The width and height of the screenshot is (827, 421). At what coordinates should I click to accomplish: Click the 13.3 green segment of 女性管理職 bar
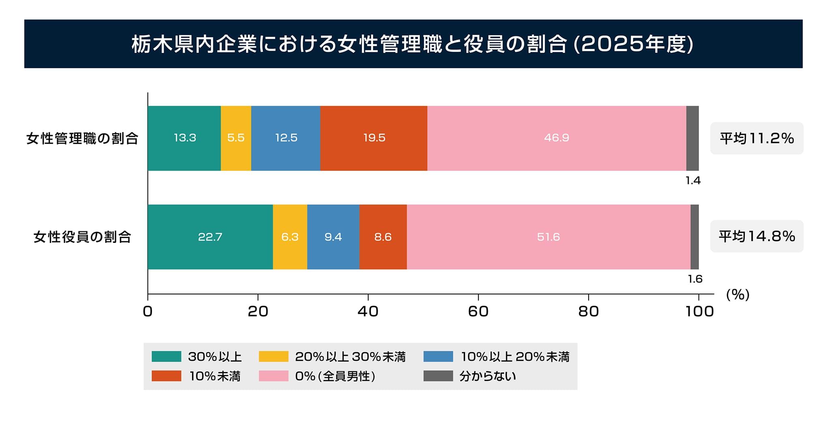[184, 138]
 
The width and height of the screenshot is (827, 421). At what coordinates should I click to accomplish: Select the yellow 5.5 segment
[236, 138]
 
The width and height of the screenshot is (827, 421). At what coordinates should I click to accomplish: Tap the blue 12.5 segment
[286, 138]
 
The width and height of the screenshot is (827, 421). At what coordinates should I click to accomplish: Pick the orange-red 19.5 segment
[374, 138]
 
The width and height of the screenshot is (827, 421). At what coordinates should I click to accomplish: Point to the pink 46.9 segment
[556, 138]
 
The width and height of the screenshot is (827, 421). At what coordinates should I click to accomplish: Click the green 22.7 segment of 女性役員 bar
[210, 237]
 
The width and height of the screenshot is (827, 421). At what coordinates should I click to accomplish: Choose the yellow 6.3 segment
[290, 237]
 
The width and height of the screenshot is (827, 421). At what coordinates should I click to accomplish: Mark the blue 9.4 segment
[333, 237]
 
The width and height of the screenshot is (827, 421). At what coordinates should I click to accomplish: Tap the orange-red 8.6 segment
[383, 237]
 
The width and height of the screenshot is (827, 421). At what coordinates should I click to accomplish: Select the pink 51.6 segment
[548, 237]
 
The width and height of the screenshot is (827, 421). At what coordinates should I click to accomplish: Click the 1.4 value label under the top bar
[693, 181]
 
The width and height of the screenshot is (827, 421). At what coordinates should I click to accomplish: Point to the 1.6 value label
[695, 279]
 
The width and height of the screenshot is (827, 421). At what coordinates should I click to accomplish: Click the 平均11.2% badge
[756, 138]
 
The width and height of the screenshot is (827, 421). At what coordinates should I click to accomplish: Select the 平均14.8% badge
[756, 236]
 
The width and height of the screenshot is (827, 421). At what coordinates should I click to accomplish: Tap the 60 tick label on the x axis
[478, 311]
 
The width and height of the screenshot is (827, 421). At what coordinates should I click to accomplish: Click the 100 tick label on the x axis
[699, 311]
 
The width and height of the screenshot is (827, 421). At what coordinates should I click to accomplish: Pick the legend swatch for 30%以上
[166, 357]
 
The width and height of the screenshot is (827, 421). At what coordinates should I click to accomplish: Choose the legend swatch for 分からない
[438, 376]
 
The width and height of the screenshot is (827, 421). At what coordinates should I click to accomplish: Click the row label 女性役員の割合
[82, 237]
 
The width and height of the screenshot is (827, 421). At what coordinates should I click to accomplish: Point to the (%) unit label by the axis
[737, 295]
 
